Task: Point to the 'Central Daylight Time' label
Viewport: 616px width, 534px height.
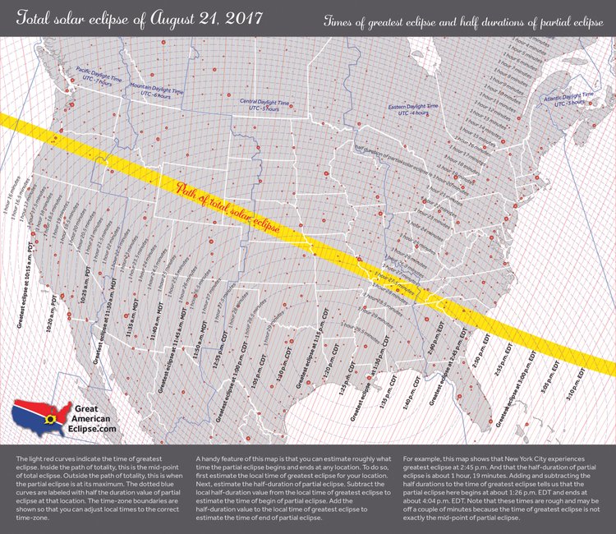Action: pyautogui.click(x=264, y=106)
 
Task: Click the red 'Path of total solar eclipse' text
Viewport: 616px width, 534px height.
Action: pyautogui.click(x=238, y=209)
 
